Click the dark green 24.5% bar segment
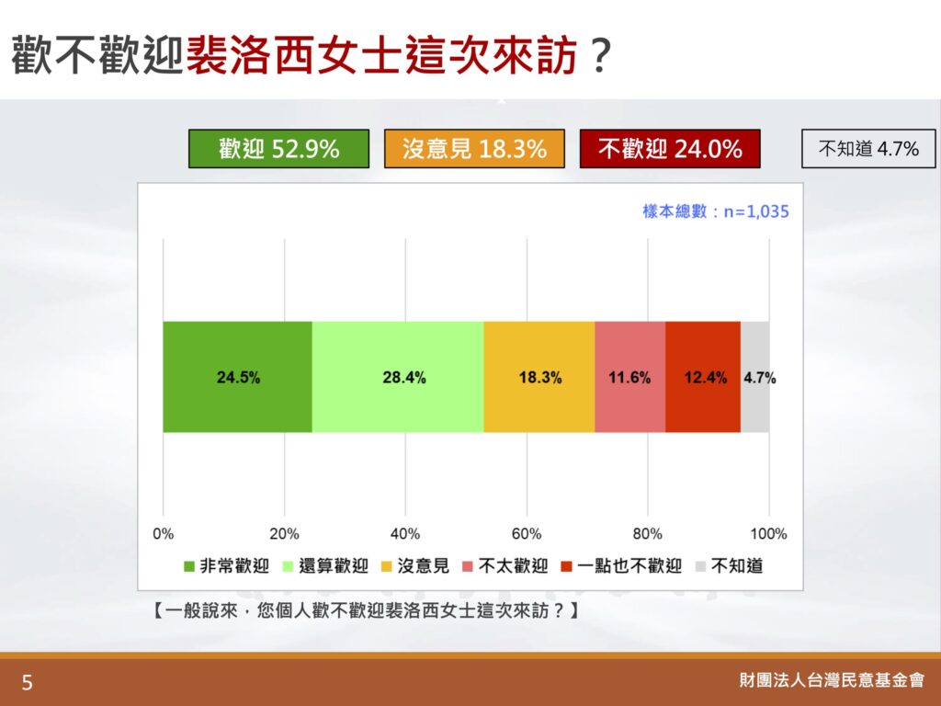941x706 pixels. point(238,377)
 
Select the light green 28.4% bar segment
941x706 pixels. point(398,377)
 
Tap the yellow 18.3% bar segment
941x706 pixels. point(539,377)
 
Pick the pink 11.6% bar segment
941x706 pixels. point(630,377)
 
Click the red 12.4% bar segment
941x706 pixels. point(703,377)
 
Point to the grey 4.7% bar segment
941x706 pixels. point(755,377)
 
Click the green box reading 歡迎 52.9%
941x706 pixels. point(279,149)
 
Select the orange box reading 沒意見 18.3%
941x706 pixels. point(475,149)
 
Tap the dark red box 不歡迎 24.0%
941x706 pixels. point(670,149)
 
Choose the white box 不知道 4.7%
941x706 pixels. point(868,149)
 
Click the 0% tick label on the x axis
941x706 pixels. point(164,534)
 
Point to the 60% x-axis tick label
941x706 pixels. point(527,534)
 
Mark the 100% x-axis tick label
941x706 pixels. point(768,534)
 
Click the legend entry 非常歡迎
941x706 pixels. point(227,566)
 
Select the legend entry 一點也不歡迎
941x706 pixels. point(621,566)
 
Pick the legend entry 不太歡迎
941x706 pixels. point(505,566)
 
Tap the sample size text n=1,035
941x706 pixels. point(756,211)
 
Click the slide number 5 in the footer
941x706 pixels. point(27,683)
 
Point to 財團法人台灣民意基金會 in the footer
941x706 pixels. point(832,680)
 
